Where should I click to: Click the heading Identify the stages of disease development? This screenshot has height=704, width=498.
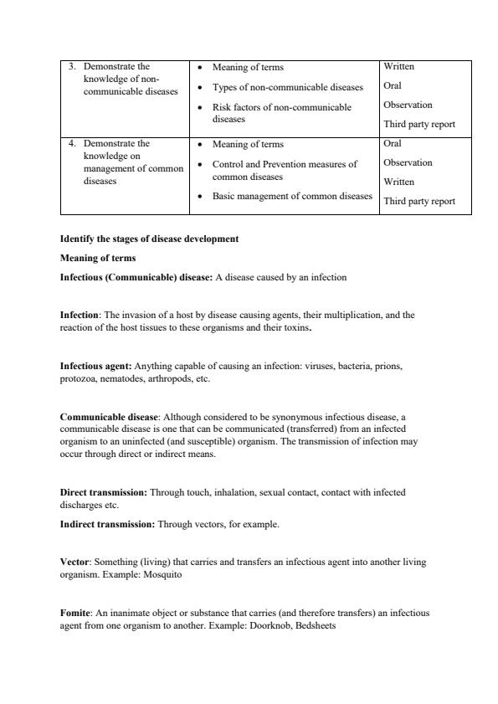149,239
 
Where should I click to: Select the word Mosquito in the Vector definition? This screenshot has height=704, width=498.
162,576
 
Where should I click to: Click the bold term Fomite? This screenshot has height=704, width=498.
75,613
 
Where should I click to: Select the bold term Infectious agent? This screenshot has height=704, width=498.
95,366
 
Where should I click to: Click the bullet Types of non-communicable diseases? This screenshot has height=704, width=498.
287,87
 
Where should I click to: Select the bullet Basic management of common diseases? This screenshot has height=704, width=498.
292,197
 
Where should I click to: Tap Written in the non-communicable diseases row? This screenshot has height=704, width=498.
398,67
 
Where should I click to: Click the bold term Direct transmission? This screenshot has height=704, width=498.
103,492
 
